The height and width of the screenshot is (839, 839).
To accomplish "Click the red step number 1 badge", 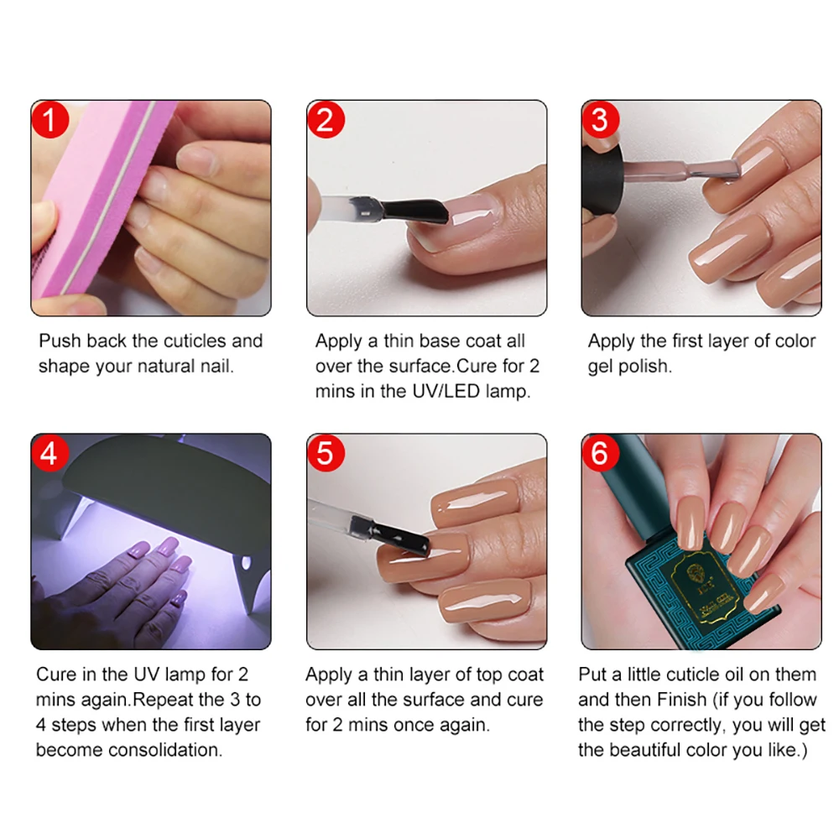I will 50,120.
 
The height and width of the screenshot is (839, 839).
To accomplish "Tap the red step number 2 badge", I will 325,120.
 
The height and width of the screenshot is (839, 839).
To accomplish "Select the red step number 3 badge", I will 599,119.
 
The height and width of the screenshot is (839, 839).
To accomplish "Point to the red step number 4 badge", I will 50,453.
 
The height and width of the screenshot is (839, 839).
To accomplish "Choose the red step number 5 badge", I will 325,453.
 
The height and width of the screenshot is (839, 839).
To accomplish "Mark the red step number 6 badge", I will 599,453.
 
